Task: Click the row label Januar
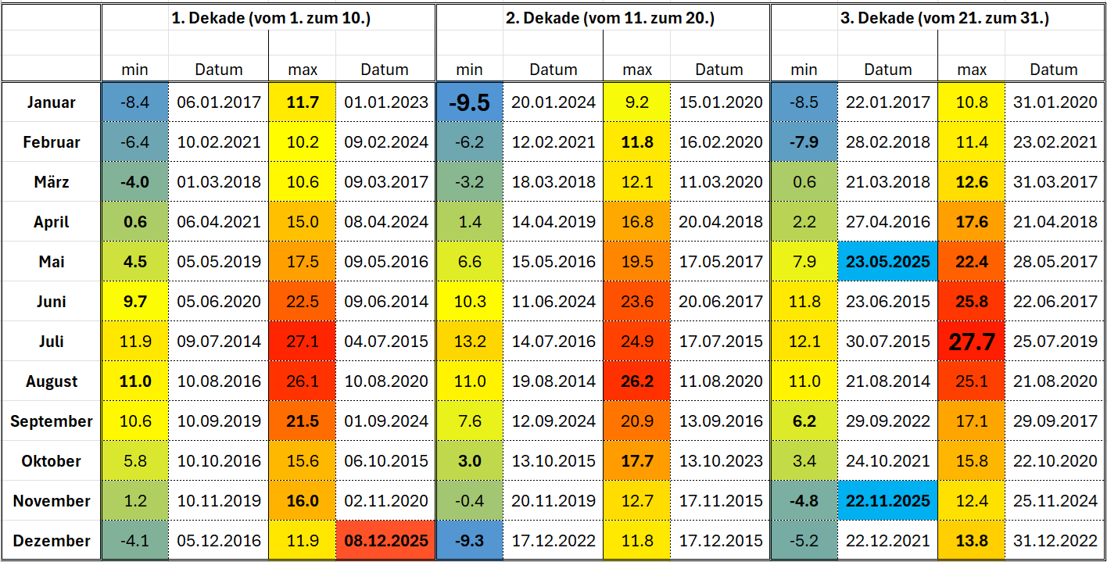[x=51, y=102]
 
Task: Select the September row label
[x=51, y=421]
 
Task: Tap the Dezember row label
[x=51, y=541]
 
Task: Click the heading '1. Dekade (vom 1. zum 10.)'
[x=270, y=19]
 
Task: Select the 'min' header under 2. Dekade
[x=469, y=70]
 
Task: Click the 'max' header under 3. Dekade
[x=972, y=70]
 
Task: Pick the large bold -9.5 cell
[x=469, y=102]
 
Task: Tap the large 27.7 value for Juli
[x=972, y=342]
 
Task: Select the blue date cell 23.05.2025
[x=887, y=262]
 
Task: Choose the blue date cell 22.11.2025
[x=887, y=501]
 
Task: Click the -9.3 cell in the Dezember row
[x=469, y=541]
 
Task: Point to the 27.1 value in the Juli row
[x=303, y=342]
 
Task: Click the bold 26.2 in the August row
[x=637, y=381]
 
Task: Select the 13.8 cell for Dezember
[x=972, y=541]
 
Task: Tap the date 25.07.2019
[x=1053, y=342]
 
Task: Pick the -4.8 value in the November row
[x=804, y=501]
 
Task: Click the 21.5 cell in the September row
[x=303, y=421]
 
